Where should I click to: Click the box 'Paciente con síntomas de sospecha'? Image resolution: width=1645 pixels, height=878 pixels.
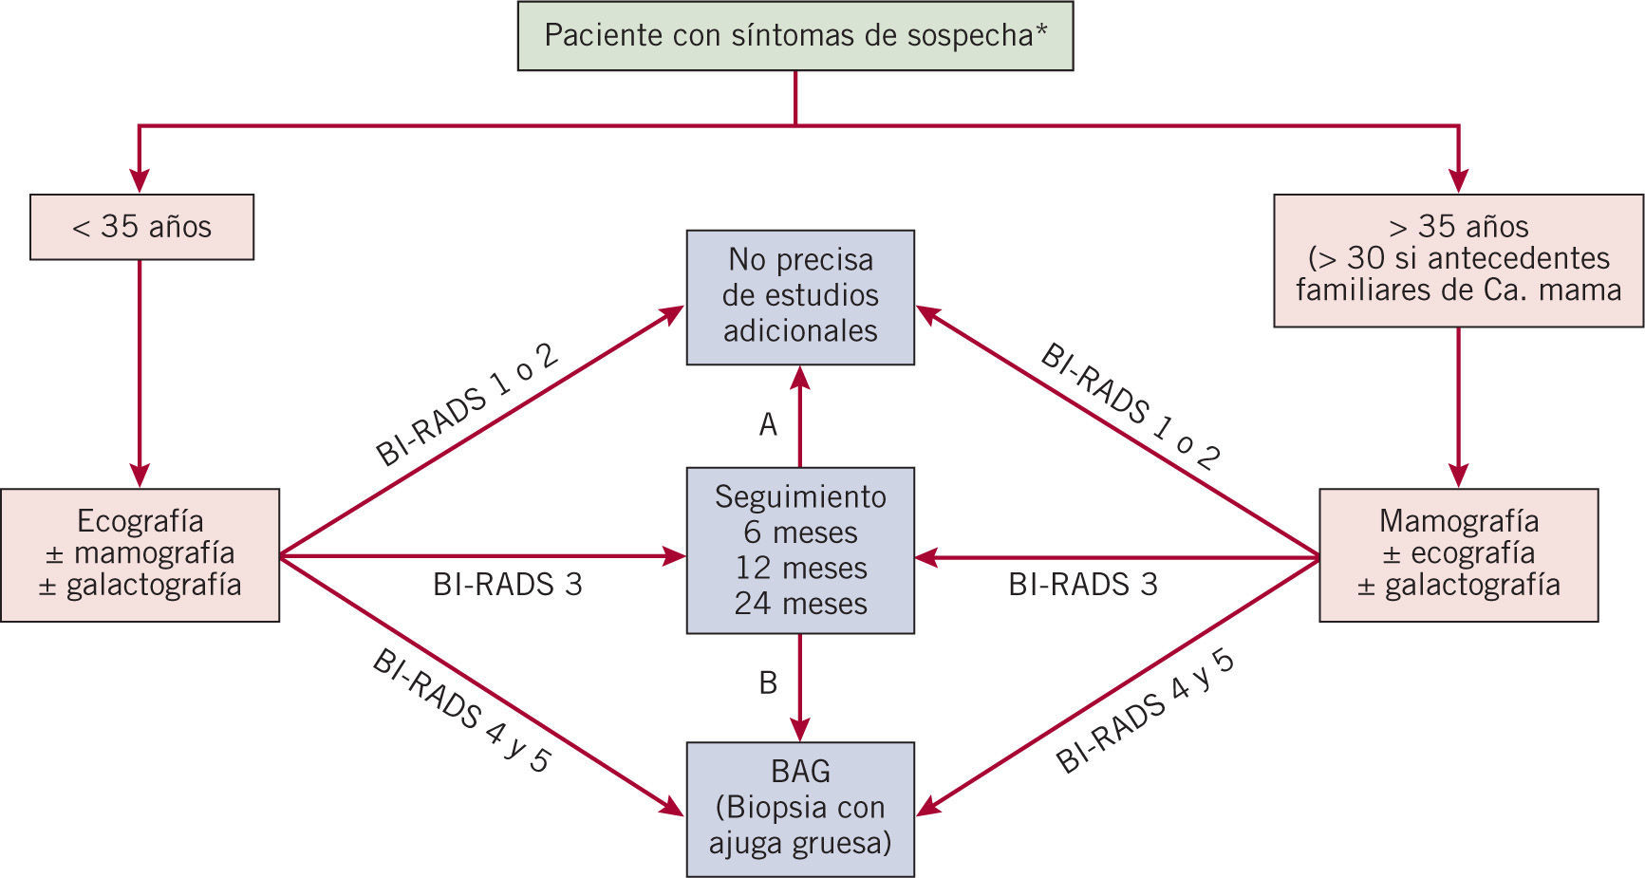(794, 36)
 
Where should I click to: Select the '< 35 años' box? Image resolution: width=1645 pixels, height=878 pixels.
(141, 227)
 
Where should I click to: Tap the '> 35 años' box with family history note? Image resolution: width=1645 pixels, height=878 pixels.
(1458, 260)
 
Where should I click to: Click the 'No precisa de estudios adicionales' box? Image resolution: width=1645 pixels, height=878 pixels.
(800, 296)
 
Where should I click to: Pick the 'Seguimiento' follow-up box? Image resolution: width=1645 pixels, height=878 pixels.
(800, 550)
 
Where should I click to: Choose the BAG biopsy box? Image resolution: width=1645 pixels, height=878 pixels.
(800, 808)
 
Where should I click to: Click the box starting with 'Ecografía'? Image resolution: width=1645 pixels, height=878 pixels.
(140, 554)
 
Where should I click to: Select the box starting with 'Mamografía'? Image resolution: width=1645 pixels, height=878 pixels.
(1458, 554)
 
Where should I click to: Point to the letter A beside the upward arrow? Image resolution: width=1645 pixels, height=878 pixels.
(768, 424)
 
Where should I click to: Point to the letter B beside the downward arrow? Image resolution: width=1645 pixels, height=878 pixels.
(768, 682)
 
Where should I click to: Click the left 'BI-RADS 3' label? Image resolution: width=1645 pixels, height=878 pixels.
(508, 585)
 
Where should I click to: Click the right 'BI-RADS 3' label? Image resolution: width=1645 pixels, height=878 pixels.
(1083, 585)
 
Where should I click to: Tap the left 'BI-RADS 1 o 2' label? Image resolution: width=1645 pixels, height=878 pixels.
(467, 403)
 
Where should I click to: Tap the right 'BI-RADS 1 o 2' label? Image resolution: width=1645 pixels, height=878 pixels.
(1130, 406)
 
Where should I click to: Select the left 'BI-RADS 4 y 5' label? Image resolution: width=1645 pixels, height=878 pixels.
(461, 711)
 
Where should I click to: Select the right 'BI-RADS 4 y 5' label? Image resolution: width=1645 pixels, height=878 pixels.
(1145, 711)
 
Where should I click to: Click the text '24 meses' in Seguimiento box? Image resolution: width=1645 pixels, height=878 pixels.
(800, 604)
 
